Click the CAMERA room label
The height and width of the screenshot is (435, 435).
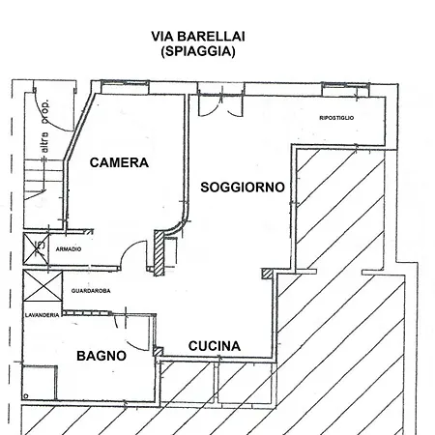tap(119, 162)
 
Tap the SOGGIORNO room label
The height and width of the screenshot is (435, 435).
tap(242, 188)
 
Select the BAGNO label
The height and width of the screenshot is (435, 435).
tap(101, 356)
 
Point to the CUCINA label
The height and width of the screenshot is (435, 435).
tap(215, 346)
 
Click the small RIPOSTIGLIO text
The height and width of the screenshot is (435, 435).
tap(336, 118)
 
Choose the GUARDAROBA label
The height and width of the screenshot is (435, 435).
tap(93, 291)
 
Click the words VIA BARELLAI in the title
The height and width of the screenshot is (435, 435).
tap(198, 36)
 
